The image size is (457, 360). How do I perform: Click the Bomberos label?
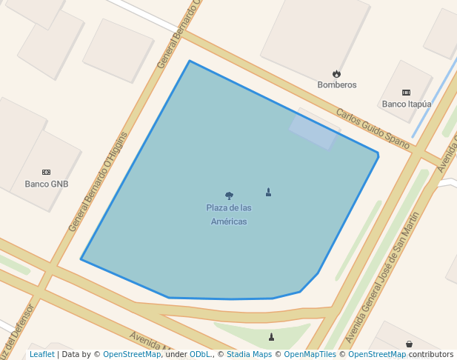[337, 85]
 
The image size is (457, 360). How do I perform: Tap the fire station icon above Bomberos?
[337, 74]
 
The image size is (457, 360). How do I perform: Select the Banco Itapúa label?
[407, 104]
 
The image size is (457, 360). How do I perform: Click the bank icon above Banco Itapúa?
[406, 93]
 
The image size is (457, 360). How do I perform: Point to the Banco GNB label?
[47, 184]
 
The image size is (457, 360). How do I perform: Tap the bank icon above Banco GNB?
[47, 172]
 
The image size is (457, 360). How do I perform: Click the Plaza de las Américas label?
[229, 214]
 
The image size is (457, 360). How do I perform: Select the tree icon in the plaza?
[229, 196]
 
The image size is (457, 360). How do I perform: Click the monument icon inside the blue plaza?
[268, 192]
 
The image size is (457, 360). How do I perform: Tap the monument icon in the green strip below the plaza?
[271, 337]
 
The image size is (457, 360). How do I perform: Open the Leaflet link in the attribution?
[41, 355]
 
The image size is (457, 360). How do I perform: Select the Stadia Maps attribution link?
[249, 355]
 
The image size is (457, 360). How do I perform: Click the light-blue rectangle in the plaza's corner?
[314, 130]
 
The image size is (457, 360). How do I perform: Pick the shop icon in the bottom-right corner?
[409, 344]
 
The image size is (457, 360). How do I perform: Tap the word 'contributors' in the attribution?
[431, 355]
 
